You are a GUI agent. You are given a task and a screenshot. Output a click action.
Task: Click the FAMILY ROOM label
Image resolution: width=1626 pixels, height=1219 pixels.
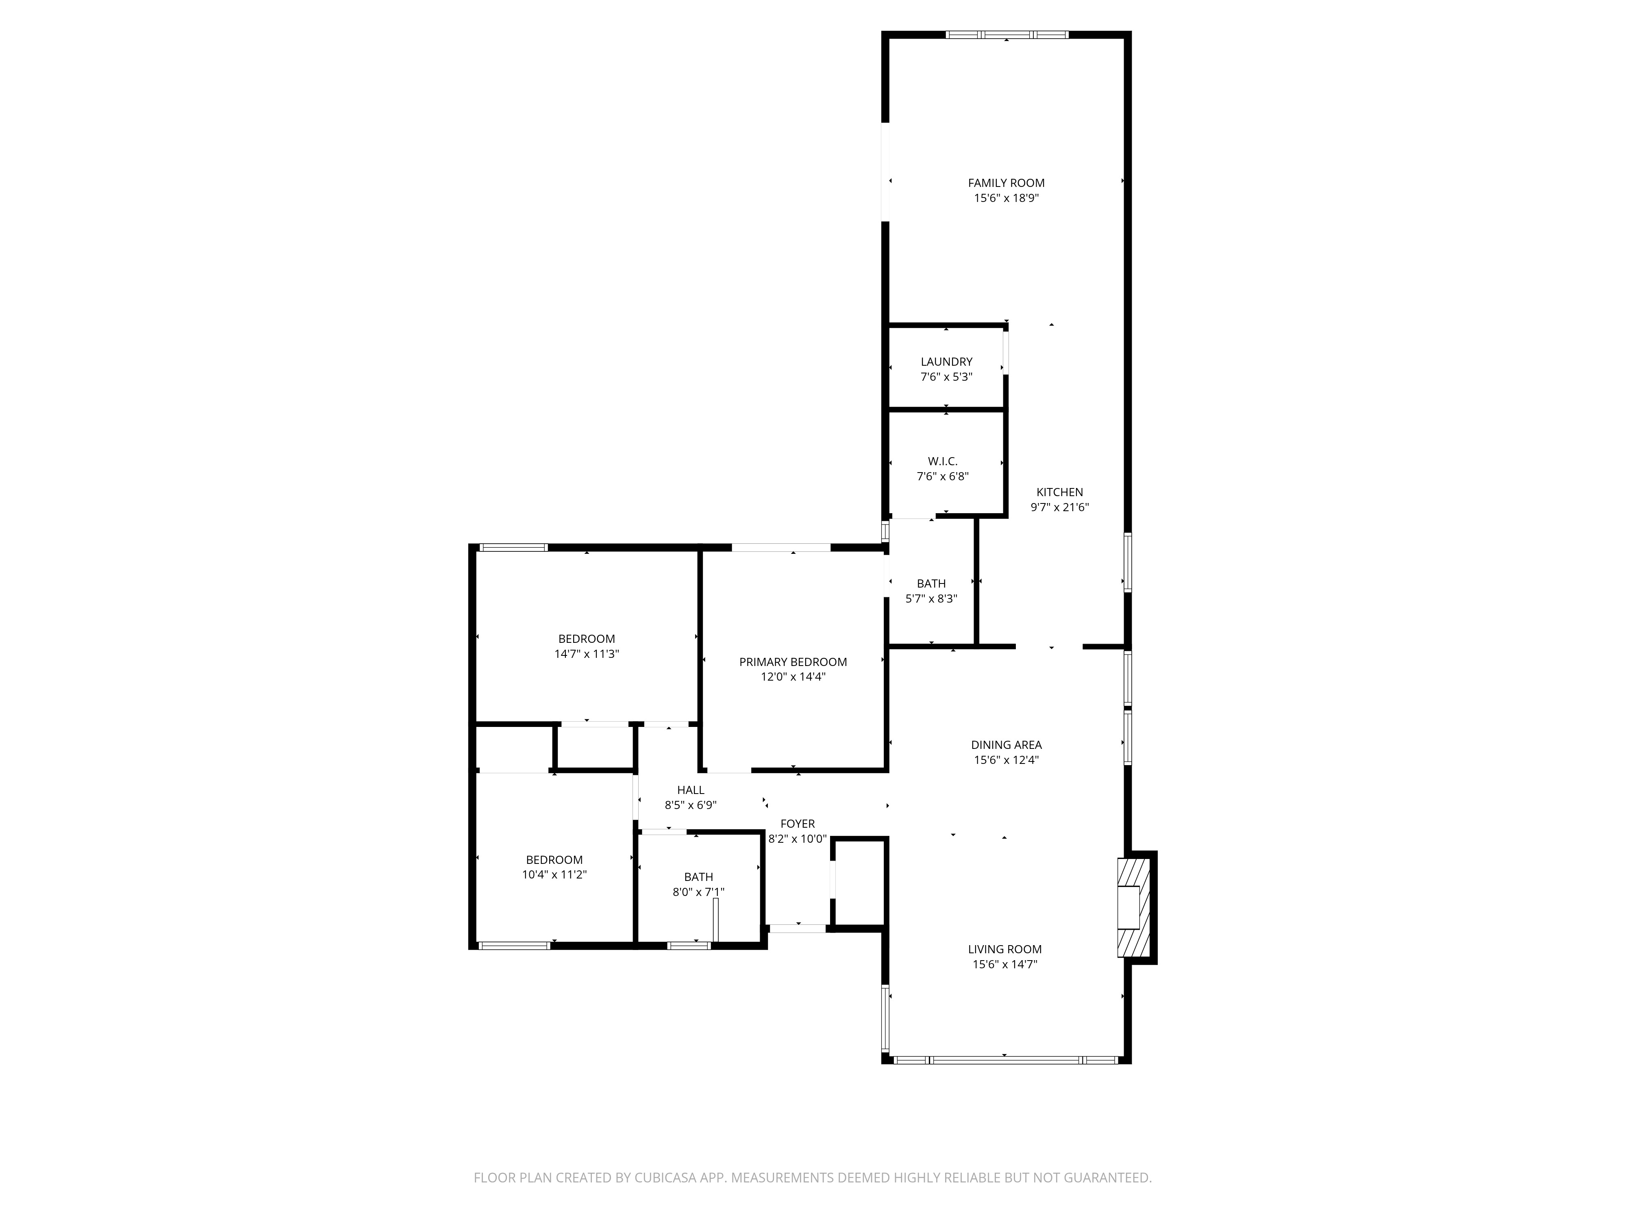pyautogui.click(x=1006, y=183)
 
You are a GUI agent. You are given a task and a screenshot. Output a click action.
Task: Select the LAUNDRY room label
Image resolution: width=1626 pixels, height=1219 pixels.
pyautogui.click(x=946, y=362)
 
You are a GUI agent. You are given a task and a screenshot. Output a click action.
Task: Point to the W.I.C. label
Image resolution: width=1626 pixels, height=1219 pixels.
pyautogui.click(x=942, y=462)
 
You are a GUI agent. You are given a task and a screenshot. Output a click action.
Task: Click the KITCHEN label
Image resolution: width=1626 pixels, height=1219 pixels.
pyautogui.click(x=1059, y=492)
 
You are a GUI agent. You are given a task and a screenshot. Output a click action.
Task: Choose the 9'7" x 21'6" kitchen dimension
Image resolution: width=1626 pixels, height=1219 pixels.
pyautogui.click(x=1059, y=507)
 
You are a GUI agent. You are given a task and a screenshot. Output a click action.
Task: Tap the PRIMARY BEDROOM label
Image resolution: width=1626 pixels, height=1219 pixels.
pyautogui.click(x=793, y=662)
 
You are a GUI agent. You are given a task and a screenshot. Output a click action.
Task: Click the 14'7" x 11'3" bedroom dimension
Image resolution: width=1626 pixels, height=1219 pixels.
pyautogui.click(x=587, y=654)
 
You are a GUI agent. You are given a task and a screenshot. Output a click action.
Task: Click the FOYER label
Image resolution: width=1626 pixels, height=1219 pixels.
pyautogui.click(x=798, y=824)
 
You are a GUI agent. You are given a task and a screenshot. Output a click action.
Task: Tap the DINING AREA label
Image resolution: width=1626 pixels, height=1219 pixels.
pyautogui.click(x=1006, y=745)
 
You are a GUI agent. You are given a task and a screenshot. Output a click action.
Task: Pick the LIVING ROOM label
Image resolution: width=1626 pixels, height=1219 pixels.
pyautogui.click(x=1005, y=949)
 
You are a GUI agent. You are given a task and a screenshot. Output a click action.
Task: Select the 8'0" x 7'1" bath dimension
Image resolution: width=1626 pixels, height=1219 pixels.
pyautogui.click(x=698, y=892)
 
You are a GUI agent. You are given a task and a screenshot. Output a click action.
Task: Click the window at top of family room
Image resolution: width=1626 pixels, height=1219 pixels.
pyautogui.click(x=1006, y=35)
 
